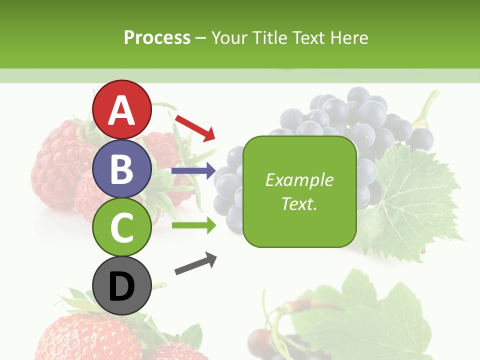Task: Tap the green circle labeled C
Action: (x=122, y=227)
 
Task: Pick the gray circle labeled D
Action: (x=122, y=286)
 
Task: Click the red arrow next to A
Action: (x=195, y=127)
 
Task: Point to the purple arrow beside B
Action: (x=193, y=171)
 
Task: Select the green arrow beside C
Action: (x=193, y=225)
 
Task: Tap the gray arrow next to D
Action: (x=195, y=264)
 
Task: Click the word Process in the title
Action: (x=157, y=38)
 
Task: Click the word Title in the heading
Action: (x=270, y=38)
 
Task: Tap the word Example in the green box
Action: (x=299, y=180)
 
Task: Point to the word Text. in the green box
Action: (x=299, y=203)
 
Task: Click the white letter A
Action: (x=122, y=110)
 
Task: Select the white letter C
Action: (x=122, y=228)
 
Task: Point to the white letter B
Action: (x=122, y=169)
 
